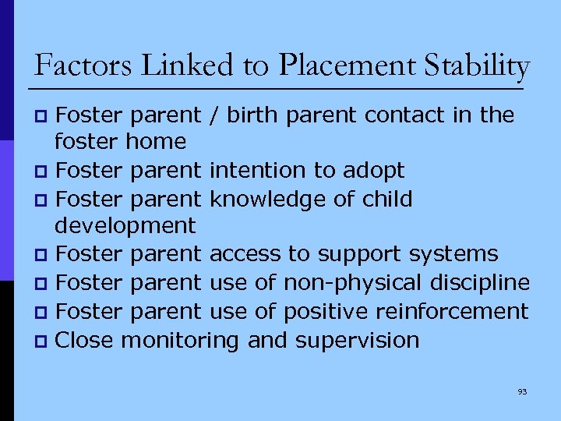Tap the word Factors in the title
[x=74, y=65]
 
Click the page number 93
[x=522, y=391]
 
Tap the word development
[x=125, y=227]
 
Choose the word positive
[x=326, y=312]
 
